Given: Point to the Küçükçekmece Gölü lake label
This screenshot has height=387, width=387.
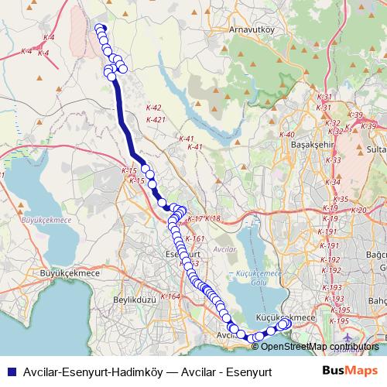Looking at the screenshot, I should (251, 279).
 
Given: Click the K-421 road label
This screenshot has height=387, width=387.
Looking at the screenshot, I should (156, 119).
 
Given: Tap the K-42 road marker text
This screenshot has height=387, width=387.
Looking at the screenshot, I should (153, 108).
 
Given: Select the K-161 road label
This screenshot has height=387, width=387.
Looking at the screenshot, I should (195, 238).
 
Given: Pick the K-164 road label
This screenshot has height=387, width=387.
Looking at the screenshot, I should (171, 296).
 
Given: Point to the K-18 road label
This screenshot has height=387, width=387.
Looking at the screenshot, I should (213, 219).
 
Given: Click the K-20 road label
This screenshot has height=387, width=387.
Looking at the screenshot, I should (358, 210).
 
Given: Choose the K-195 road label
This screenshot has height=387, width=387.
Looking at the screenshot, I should (339, 320).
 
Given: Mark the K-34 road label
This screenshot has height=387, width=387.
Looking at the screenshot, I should (333, 182).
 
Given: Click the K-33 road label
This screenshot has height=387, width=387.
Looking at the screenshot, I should (334, 159).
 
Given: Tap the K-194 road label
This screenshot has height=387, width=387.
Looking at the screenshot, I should (337, 309).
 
